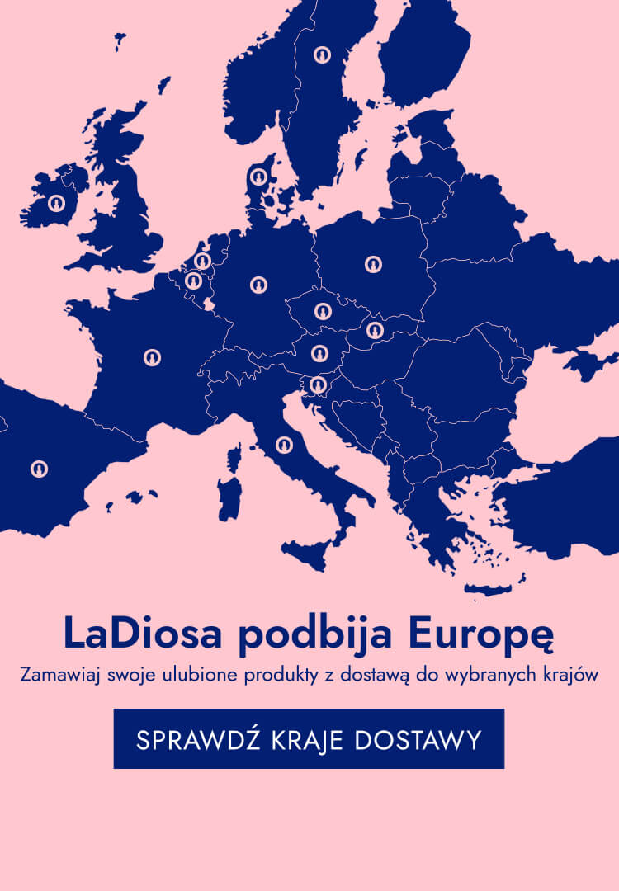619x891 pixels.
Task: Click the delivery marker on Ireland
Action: tap(56, 202)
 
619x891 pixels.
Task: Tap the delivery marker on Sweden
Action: tap(322, 55)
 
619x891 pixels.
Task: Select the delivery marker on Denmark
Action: tap(258, 177)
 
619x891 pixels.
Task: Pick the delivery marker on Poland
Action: tap(374, 264)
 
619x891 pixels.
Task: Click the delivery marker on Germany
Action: tap(259, 285)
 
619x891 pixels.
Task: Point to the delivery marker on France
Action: tap(152, 357)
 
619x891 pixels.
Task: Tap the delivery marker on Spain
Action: tap(39, 469)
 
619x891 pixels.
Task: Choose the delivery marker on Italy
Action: tap(284, 445)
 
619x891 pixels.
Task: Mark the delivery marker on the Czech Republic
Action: tap(323, 312)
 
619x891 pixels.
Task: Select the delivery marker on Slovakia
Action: tap(376, 331)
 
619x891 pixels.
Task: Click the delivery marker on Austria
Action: tap(320, 353)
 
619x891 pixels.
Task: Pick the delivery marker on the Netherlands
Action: tap(202, 262)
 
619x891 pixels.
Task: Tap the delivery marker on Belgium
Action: tap(193, 281)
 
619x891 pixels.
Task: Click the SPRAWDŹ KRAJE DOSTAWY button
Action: tap(309, 739)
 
